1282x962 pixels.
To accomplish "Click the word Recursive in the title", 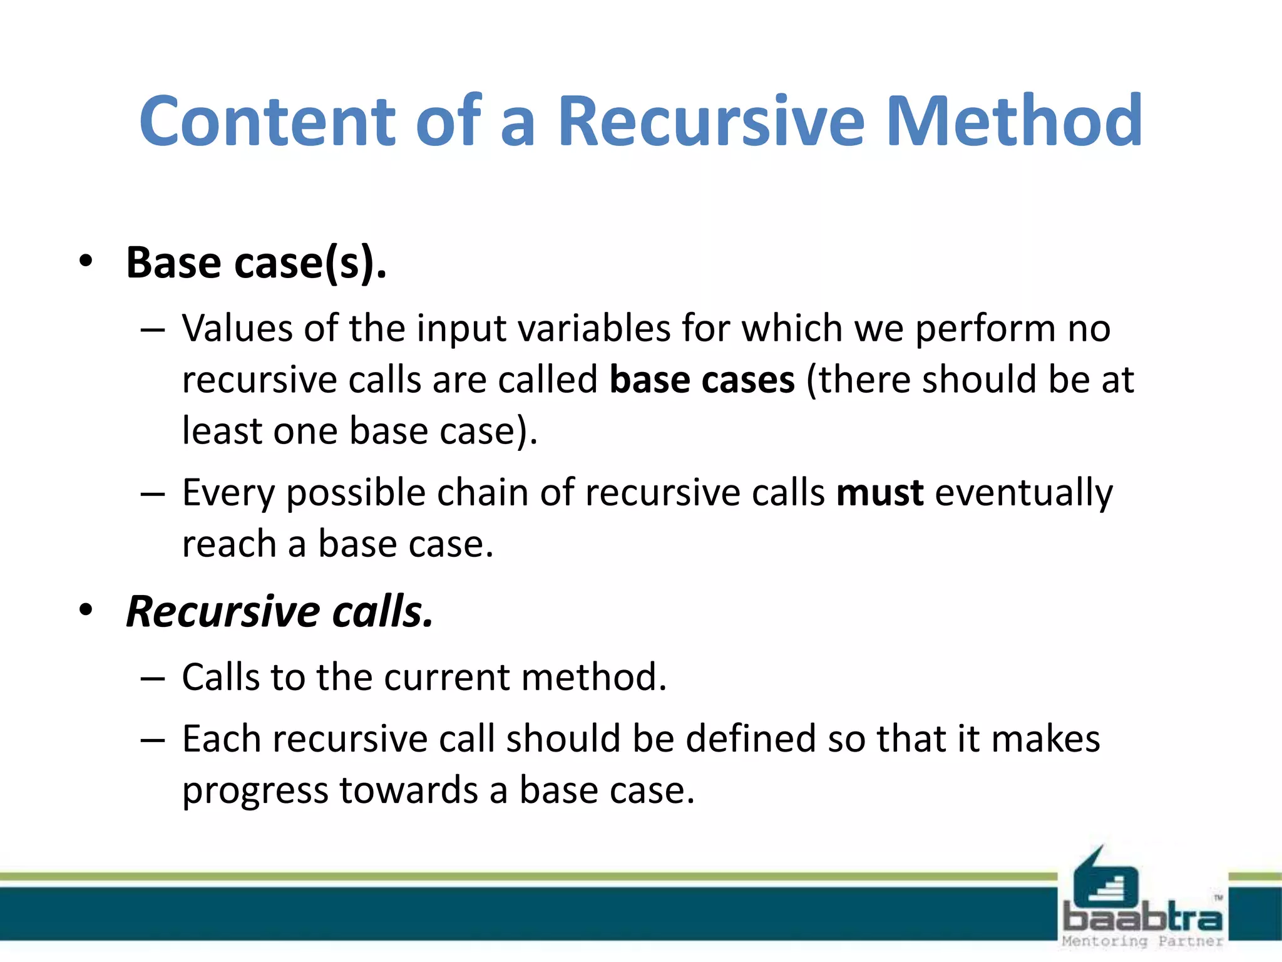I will tap(711, 121).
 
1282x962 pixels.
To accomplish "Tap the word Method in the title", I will tap(1015, 121).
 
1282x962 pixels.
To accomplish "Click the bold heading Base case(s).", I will tap(256, 262).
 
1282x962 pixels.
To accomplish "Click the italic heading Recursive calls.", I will tap(279, 611).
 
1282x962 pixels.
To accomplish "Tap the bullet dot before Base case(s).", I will tap(86, 261).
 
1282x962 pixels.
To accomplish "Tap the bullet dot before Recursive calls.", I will tap(86, 609).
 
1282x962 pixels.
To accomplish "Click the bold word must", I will tap(879, 493).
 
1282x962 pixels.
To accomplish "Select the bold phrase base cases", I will tap(702, 380).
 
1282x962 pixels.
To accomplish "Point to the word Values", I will tap(237, 328).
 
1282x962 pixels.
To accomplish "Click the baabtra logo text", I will tap(1142, 918).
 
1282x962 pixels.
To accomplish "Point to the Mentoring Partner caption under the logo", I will tap(1142, 941).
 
